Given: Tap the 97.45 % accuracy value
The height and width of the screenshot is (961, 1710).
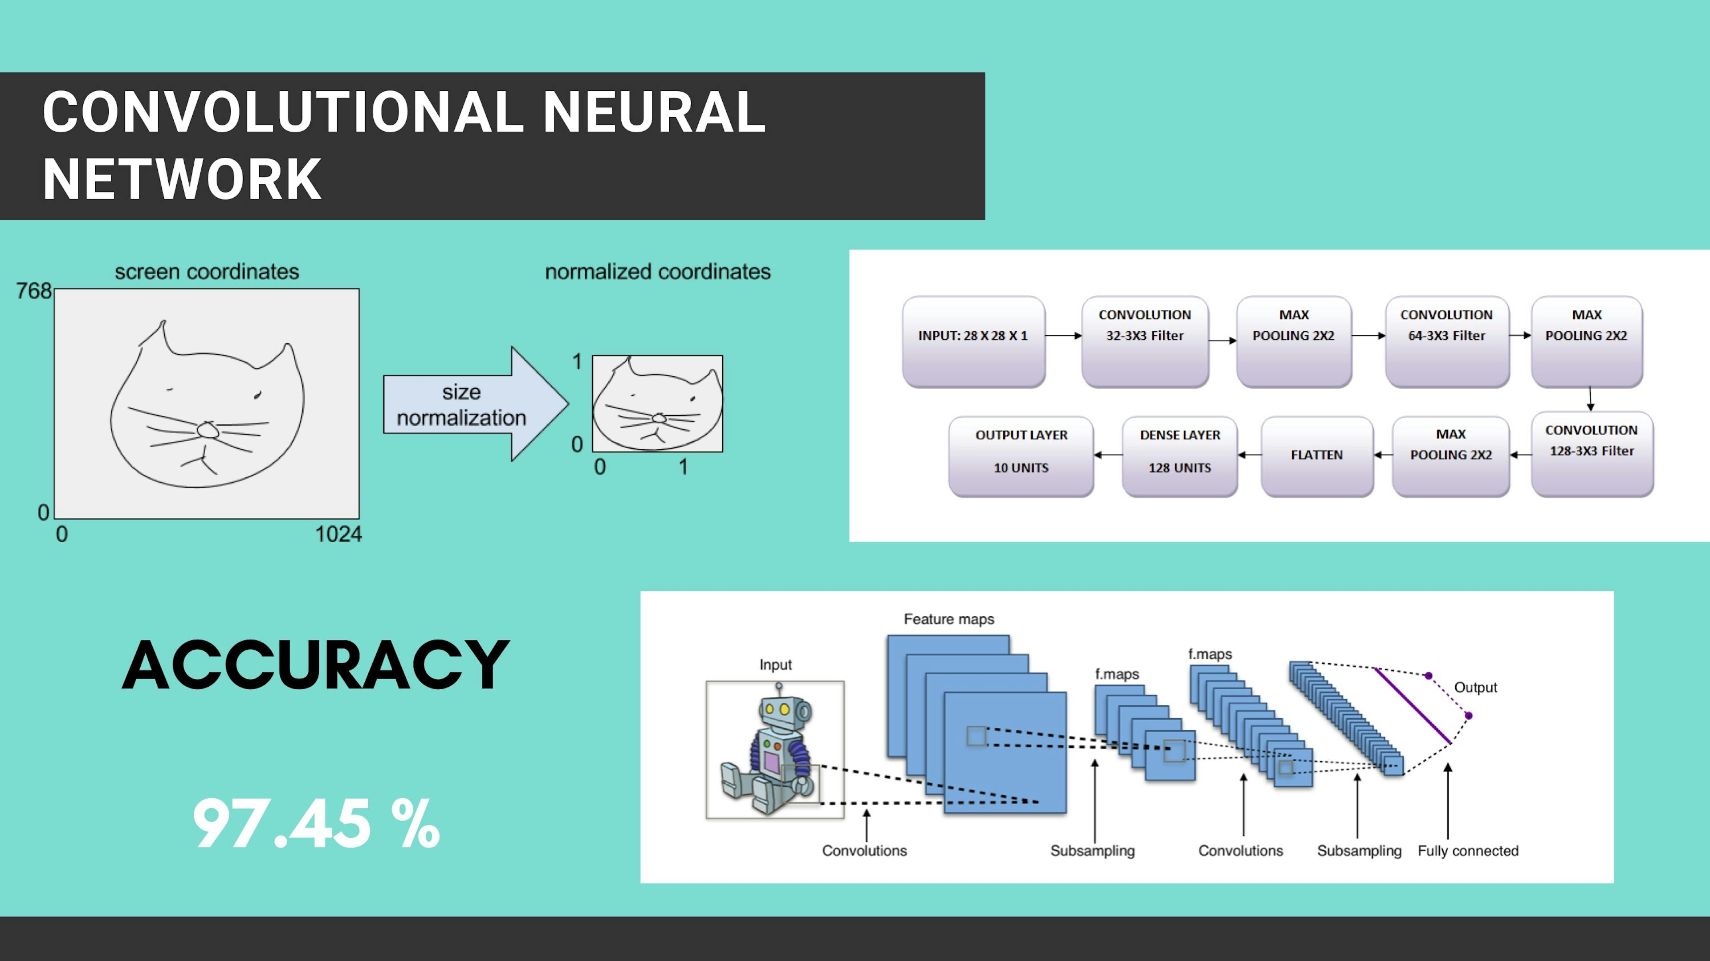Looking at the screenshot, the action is pyautogui.click(x=316, y=824).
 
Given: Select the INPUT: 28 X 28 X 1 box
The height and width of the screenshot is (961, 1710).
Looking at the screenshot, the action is pyautogui.click(x=973, y=341).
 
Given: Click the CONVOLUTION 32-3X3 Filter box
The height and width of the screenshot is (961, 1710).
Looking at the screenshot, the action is pyautogui.click(x=1144, y=341).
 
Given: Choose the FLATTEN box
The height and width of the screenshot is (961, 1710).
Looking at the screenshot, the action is pyautogui.click(x=1317, y=456).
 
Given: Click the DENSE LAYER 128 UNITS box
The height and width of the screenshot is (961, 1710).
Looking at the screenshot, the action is pyautogui.click(x=1180, y=456).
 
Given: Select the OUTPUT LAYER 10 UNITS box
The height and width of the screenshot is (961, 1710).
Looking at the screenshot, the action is pyautogui.click(x=1021, y=456).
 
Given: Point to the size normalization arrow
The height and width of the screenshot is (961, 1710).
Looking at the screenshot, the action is pyautogui.click(x=475, y=403).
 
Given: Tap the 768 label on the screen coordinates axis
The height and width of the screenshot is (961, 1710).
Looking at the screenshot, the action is pyautogui.click(x=34, y=291).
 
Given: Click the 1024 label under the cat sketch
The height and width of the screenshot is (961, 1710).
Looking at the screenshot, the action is pyautogui.click(x=338, y=534).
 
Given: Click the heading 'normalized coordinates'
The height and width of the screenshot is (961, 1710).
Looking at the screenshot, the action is pyautogui.click(x=658, y=272).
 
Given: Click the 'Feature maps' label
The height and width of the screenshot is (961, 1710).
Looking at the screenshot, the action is pyautogui.click(x=949, y=619).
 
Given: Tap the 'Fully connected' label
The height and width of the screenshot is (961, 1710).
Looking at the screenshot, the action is pyautogui.click(x=1468, y=851).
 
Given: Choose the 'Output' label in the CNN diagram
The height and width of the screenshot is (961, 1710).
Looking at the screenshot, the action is pyautogui.click(x=1476, y=688).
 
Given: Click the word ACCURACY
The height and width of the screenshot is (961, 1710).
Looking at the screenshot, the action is pyautogui.click(x=316, y=665).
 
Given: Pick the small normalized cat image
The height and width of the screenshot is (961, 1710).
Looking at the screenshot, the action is pyautogui.click(x=657, y=403).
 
